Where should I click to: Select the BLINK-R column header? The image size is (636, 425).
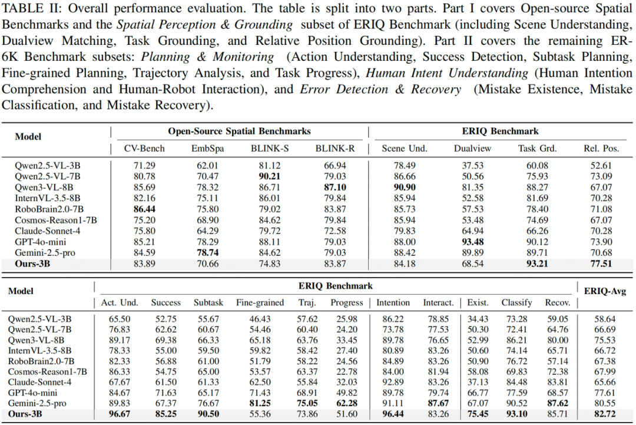[x=334, y=148]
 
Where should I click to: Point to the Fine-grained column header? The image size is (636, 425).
[x=260, y=302]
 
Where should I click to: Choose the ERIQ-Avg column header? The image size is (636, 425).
[x=605, y=291]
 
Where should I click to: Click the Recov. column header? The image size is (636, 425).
[x=558, y=302]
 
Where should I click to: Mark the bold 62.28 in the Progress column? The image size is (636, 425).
[x=347, y=404]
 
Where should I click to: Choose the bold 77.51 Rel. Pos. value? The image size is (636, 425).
[x=601, y=263]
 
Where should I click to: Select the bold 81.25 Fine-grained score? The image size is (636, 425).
[x=260, y=404]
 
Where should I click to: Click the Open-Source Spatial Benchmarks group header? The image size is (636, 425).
[x=239, y=131]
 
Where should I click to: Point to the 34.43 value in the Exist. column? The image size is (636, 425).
[x=478, y=319]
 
